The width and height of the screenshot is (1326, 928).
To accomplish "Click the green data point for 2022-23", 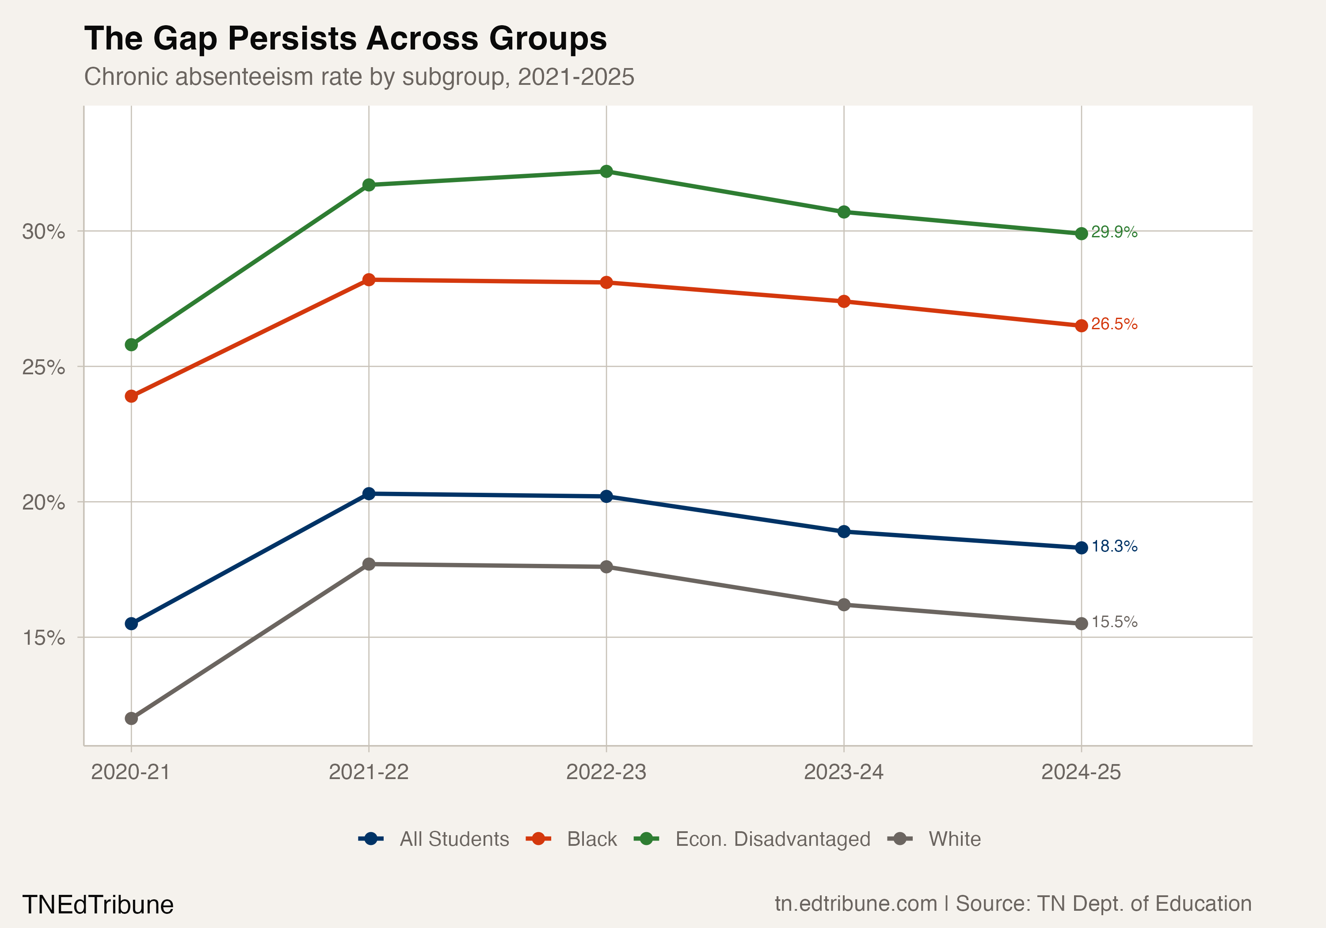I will (606, 171).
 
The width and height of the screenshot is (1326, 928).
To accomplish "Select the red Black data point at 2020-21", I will (132, 396).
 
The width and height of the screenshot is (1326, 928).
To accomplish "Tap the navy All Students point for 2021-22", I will (369, 494).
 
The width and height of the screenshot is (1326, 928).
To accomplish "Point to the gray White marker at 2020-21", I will (132, 719).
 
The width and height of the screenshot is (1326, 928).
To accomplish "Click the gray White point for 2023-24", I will (844, 605).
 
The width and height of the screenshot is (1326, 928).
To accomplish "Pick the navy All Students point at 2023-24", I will (844, 531).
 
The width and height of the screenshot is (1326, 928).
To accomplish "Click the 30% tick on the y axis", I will (43, 232).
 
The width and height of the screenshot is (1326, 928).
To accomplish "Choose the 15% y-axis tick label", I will (43, 638).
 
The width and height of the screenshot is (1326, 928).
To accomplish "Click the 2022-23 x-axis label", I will (606, 772).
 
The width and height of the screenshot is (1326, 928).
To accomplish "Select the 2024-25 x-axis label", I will (1081, 772).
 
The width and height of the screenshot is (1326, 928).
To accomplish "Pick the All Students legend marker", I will (371, 839).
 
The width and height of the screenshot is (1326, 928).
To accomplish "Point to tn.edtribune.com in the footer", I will (855, 904).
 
